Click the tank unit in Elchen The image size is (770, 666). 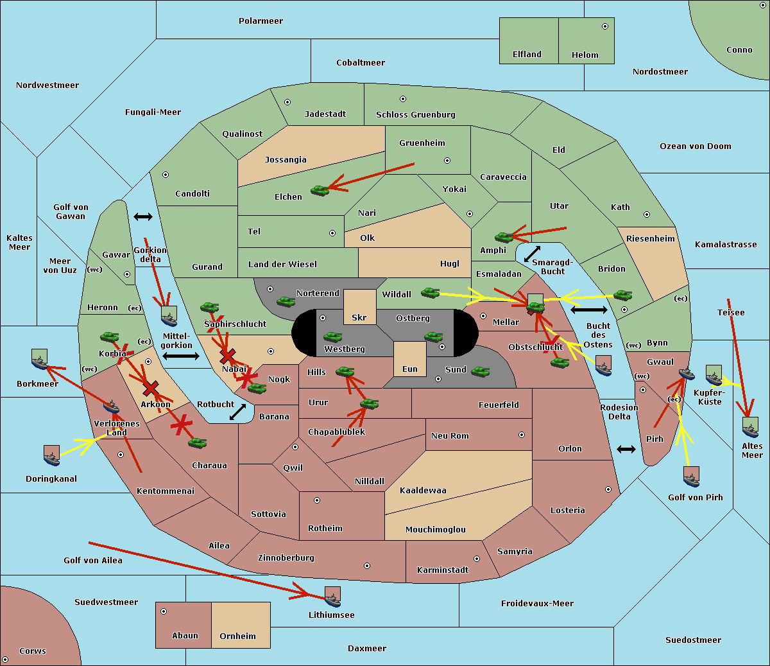[x=320, y=191]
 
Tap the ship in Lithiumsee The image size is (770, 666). [x=332, y=597]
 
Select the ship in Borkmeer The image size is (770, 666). [x=40, y=359]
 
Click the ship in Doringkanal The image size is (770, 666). [x=51, y=455]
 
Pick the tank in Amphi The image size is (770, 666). [x=504, y=237]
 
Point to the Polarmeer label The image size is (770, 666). [x=261, y=21]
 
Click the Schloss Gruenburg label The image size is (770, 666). [x=416, y=114]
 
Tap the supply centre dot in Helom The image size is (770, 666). [x=605, y=26]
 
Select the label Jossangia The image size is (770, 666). [x=286, y=160]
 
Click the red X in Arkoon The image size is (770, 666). [x=151, y=389]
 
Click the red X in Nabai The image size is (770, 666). [x=227, y=356]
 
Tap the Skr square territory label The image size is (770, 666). [x=359, y=317]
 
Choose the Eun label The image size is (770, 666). [x=410, y=369]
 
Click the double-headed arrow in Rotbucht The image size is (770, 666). [x=237, y=412]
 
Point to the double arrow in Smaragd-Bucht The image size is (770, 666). [x=532, y=254]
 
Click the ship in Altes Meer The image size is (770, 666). [x=750, y=427]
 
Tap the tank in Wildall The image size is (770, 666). [x=431, y=293]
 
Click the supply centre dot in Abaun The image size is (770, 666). [x=164, y=611]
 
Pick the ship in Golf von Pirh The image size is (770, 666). [x=692, y=477]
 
